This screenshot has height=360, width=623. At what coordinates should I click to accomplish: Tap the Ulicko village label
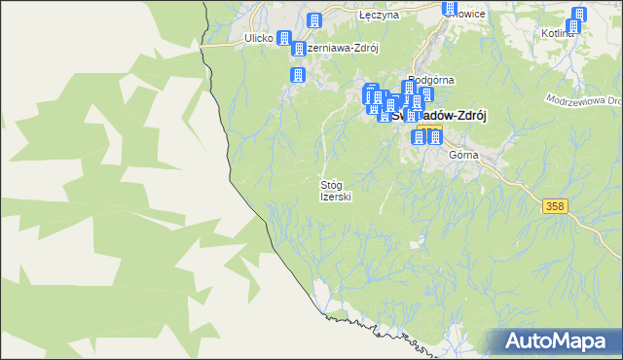[258, 39]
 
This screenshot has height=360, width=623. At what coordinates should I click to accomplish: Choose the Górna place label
[462, 155]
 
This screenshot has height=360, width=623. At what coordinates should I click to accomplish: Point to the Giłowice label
[465, 14]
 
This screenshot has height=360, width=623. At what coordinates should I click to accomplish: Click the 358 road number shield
[555, 206]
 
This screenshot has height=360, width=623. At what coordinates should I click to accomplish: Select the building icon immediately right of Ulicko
[283, 39]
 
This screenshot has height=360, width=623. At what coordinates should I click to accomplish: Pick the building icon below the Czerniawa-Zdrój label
[297, 75]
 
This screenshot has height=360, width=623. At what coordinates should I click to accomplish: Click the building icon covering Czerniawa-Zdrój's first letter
[300, 48]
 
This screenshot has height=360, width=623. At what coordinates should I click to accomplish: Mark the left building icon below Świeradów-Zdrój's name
[420, 136]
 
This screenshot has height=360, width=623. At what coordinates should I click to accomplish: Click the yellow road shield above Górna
[434, 130]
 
